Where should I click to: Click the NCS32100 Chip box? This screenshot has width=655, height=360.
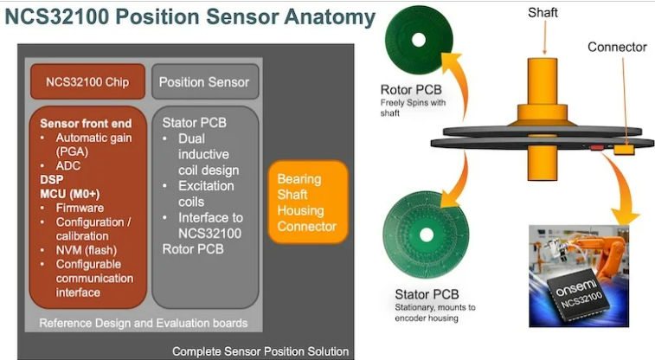87,82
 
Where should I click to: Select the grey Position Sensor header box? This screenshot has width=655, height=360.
204,82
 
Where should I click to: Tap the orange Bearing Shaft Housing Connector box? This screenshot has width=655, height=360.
307,202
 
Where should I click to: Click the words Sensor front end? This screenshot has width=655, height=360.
84,123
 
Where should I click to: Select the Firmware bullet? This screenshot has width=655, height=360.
80,208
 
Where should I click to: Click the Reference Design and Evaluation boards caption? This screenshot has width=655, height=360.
144,323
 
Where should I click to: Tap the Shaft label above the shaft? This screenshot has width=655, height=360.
543,11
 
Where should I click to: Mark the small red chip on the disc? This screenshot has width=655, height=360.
596,149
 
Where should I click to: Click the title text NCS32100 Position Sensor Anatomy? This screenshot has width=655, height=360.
190,17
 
